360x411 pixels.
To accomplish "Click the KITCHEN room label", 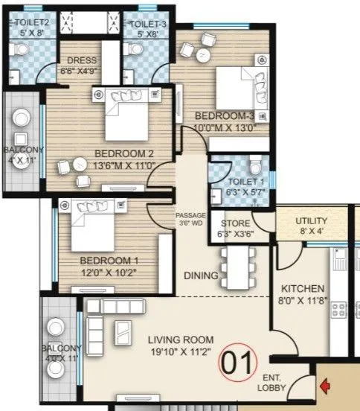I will pyautogui.click(x=302, y=288).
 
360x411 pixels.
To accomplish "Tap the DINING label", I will pyautogui.click(x=201, y=275).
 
